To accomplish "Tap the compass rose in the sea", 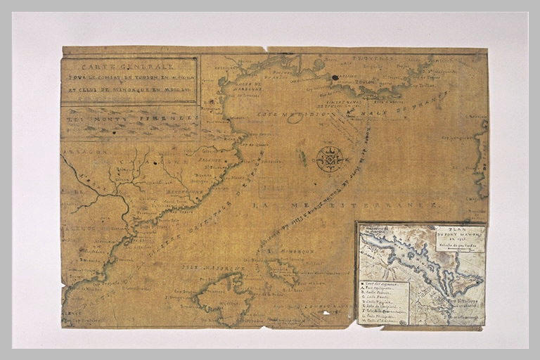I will click(x=328, y=159).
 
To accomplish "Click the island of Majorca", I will click(x=221, y=298).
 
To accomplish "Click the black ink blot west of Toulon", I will click(x=335, y=77).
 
